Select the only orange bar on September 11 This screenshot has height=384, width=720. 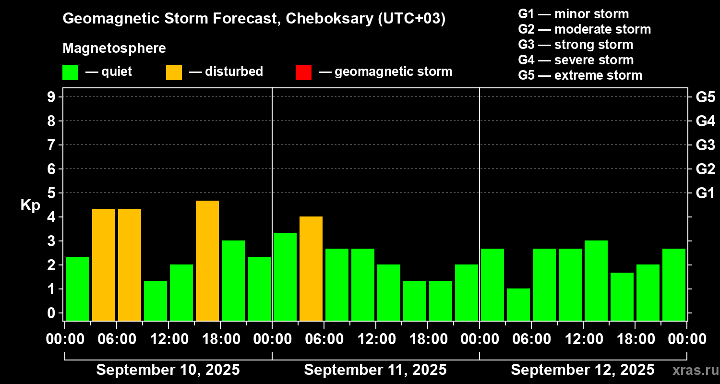click(311, 268)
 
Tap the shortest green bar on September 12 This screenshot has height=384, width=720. click(518, 304)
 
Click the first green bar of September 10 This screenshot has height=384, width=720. click(78, 288)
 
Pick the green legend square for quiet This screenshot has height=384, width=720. click(71, 72)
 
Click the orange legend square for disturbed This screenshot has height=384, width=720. click(174, 72)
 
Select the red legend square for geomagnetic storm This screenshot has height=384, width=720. click(304, 72)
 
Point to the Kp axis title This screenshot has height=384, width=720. click(30, 205)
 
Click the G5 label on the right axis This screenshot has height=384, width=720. click(705, 97)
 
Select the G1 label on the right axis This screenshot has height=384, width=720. click(705, 193)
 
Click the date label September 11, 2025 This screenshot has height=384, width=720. click(375, 370)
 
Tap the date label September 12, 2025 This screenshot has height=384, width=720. click(582, 370)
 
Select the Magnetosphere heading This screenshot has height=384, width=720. click(114, 48)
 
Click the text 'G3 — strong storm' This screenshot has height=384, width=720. click(576, 45)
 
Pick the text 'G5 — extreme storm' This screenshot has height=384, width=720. click(580, 75)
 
